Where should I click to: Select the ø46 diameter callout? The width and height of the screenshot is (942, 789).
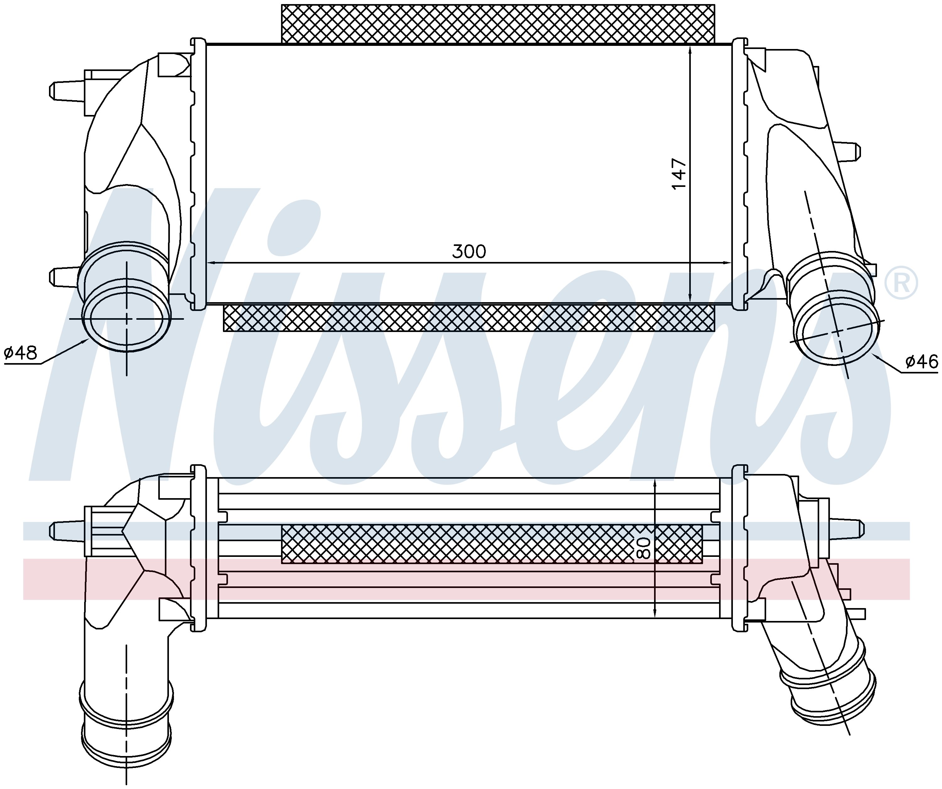point(921,361)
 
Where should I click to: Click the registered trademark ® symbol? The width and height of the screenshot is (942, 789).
point(901,283)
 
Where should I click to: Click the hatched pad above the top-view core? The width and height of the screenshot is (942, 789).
point(498,24)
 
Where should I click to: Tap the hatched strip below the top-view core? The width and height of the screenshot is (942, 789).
point(469,318)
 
